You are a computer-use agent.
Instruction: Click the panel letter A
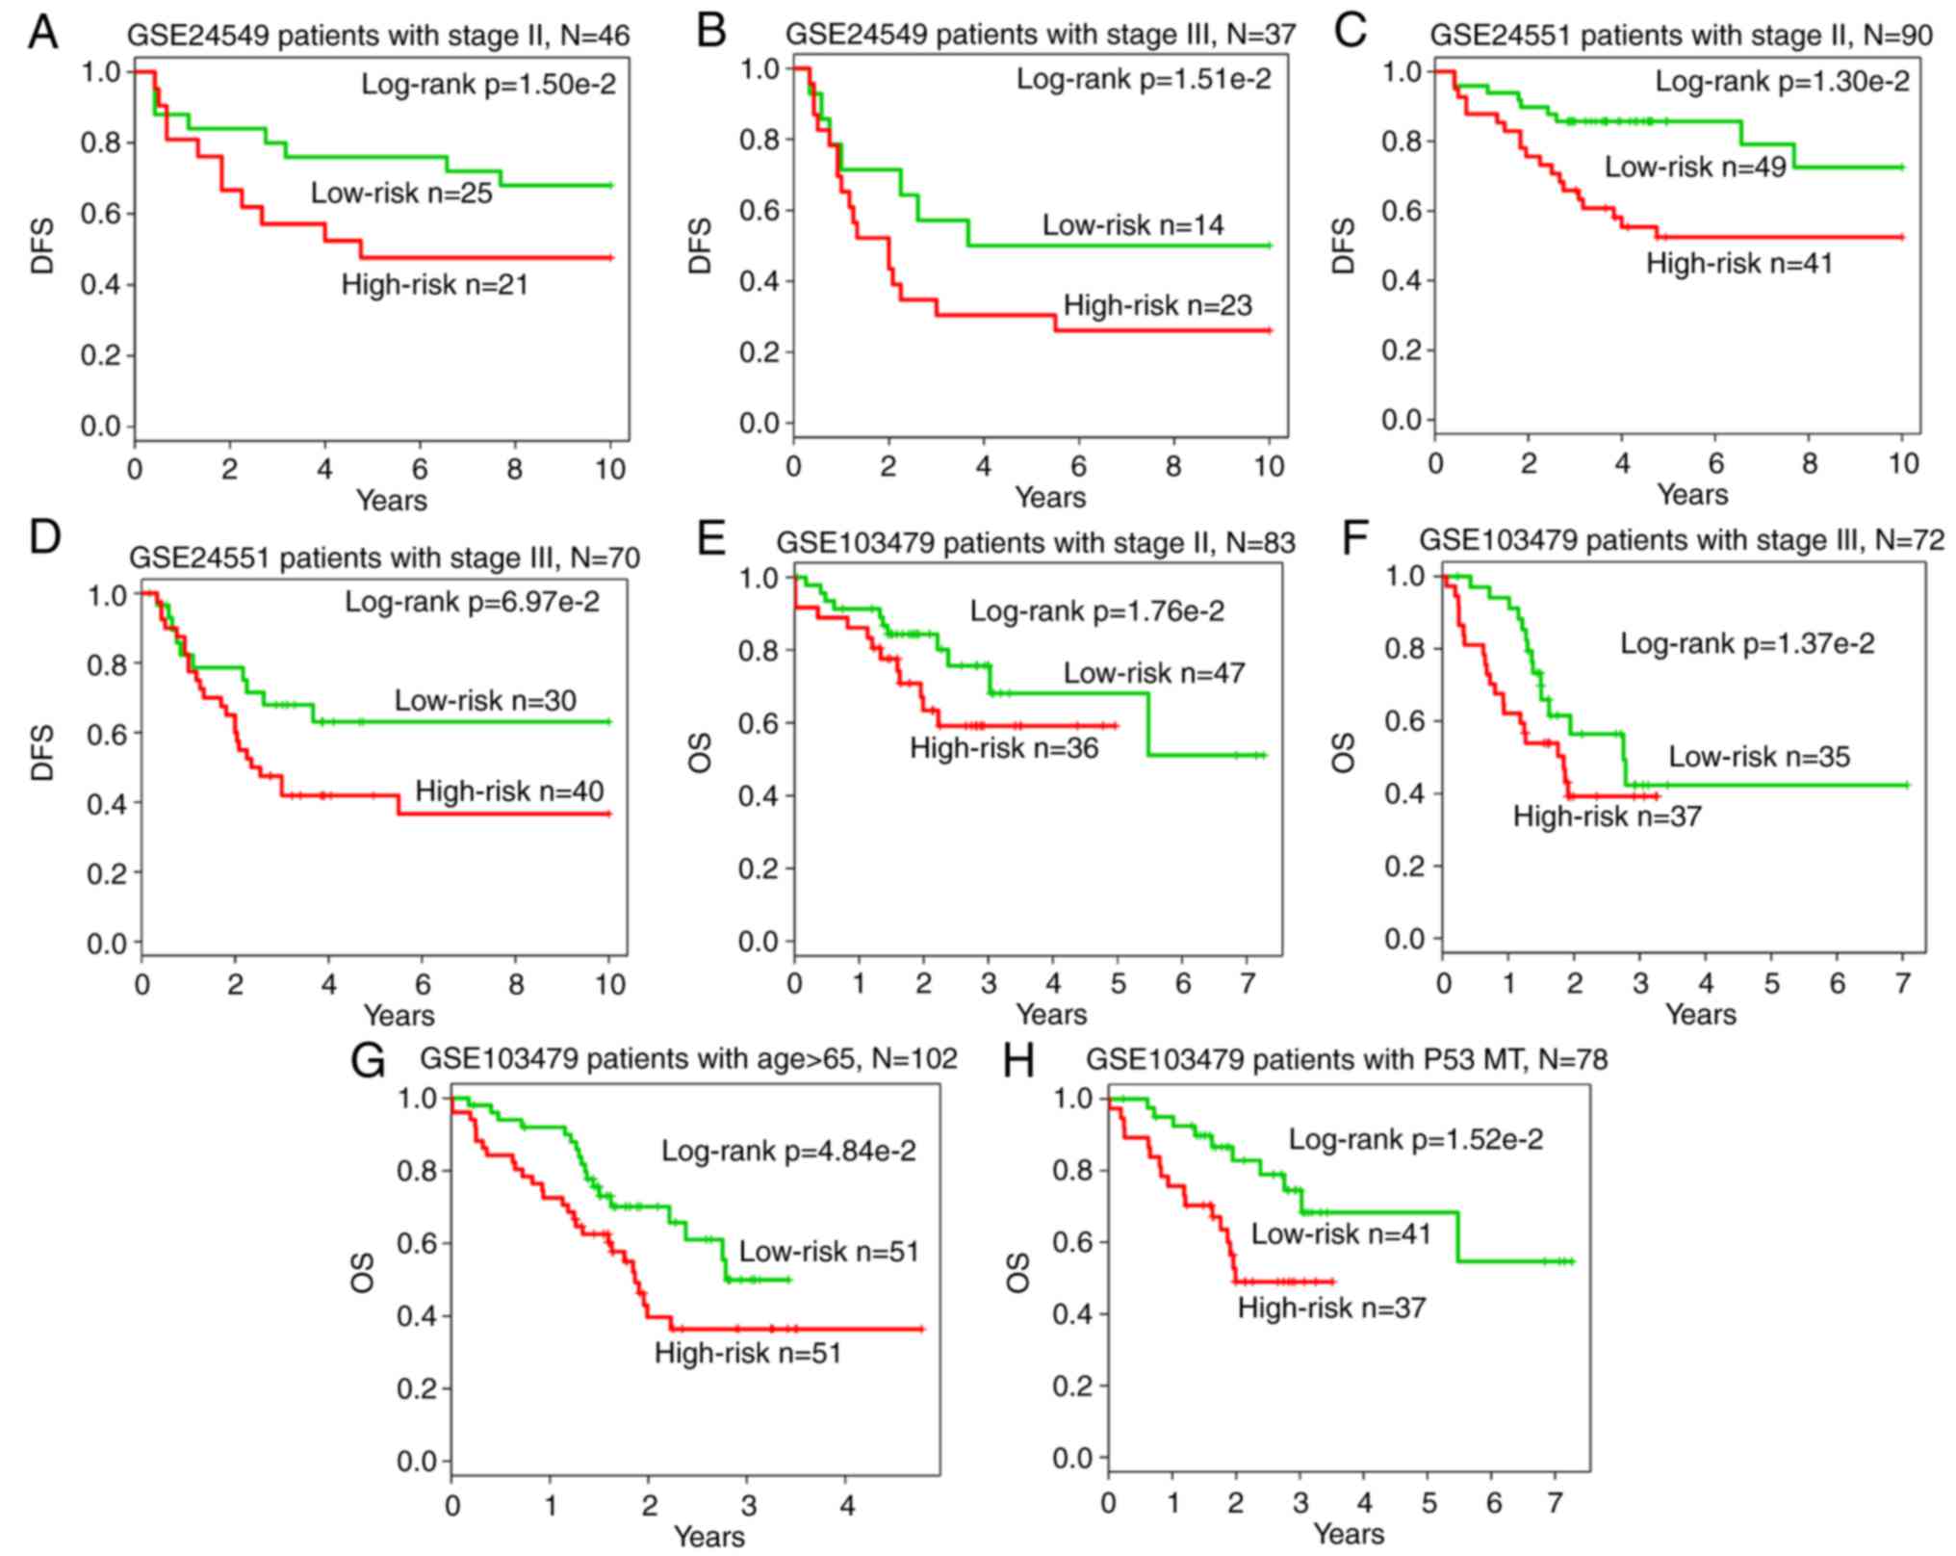42,33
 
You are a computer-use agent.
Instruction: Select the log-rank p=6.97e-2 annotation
472,603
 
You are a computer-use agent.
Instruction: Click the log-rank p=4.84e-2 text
788,1150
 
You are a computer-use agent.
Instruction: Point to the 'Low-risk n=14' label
1133,225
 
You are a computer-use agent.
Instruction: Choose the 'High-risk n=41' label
1738,263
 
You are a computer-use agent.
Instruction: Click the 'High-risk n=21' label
434,284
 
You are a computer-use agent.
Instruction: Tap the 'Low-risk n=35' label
1759,756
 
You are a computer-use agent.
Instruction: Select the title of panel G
688,1059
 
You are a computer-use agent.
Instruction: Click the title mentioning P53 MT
1346,1059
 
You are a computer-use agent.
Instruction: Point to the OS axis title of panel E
701,752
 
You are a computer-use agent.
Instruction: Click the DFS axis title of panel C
1344,246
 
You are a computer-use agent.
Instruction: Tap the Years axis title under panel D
399,1015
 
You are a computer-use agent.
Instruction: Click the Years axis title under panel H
1348,1533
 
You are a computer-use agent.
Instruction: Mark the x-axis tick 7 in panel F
1903,983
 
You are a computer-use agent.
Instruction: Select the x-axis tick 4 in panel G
847,1505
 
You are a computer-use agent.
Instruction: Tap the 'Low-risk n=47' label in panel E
1153,673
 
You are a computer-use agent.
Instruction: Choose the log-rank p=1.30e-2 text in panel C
1782,82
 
